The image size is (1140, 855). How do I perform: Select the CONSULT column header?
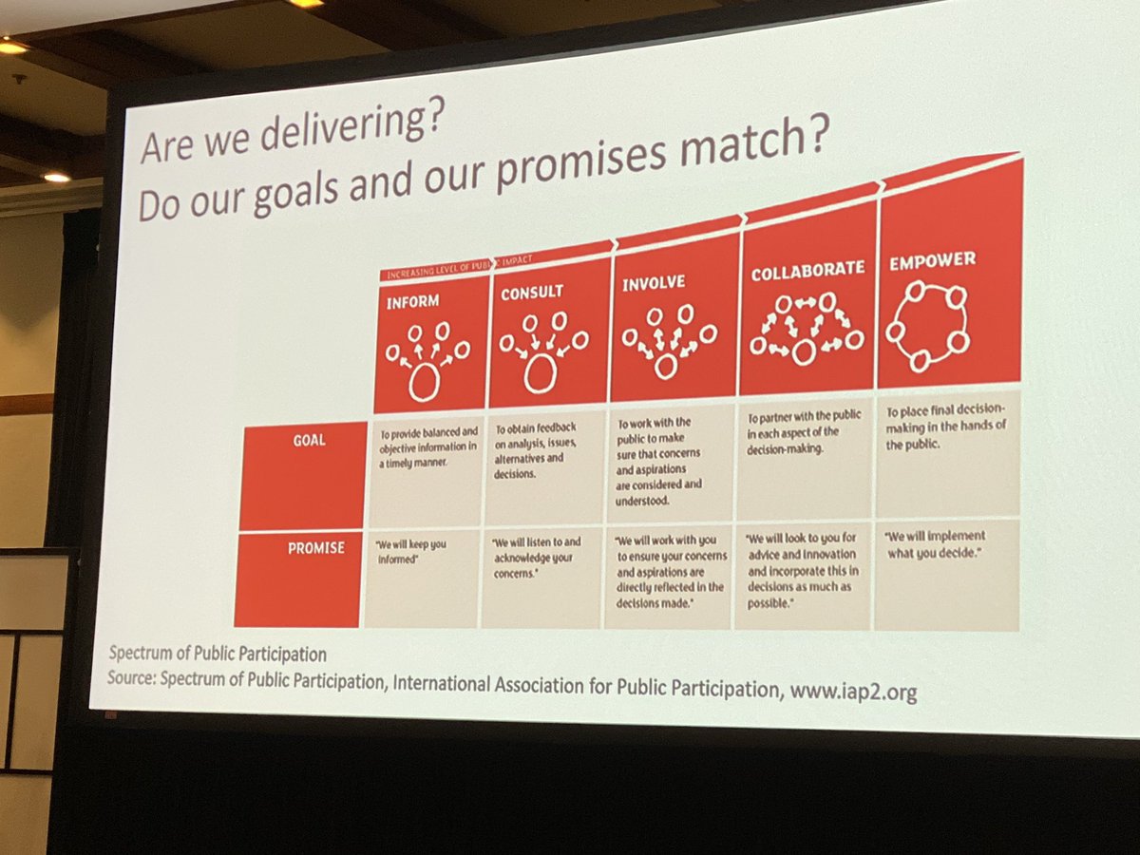(532, 293)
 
